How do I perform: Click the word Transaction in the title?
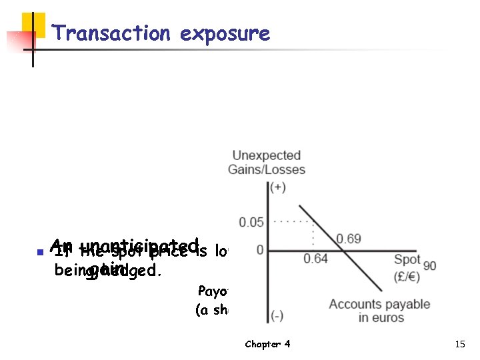pyautogui.click(x=111, y=33)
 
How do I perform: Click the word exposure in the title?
pyautogui.click(x=225, y=33)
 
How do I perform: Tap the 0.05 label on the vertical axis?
pyautogui.click(x=251, y=222)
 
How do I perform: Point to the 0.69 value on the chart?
pyautogui.click(x=349, y=239)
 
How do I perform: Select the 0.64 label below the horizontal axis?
pyautogui.click(x=315, y=259)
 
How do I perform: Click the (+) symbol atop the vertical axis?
pyautogui.click(x=277, y=188)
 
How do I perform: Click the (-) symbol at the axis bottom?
pyautogui.click(x=277, y=315)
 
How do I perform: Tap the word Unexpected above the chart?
pyautogui.click(x=266, y=156)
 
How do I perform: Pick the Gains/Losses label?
pyautogui.click(x=266, y=169)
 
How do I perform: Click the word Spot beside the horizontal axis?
pyautogui.click(x=407, y=260)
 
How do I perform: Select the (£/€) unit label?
pyautogui.click(x=407, y=274)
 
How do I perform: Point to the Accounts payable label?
pyautogui.click(x=379, y=304)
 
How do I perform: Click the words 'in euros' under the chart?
pyautogui.click(x=381, y=317)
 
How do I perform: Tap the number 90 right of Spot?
pyautogui.click(x=429, y=266)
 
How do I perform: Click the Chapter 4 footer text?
pyautogui.click(x=267, y=344)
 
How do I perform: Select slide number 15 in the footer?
pyautogui.click(x=459, y=344)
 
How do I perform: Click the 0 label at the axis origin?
pyautogui.click(x=260, y=250)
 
